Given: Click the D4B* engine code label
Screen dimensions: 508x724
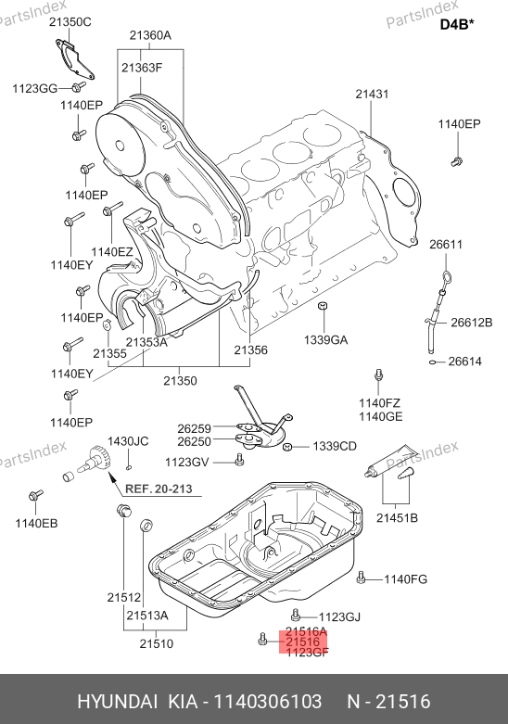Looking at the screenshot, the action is coord(457,23).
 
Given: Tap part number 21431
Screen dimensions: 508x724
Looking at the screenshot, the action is coord(372,94).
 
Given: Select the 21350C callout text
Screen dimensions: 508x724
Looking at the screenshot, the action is coord(70,21).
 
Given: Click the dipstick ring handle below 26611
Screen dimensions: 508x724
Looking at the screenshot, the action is coord(447,277).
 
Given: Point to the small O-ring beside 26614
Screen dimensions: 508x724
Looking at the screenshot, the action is coord(433,362).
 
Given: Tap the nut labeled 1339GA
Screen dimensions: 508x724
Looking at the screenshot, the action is coord(323,306).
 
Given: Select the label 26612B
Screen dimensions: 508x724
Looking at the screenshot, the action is coord(472,323).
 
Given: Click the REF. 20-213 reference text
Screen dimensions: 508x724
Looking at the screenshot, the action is coord(159,489).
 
